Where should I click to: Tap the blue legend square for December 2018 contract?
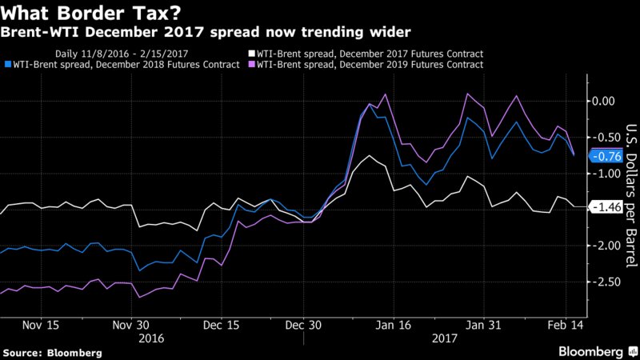(8, 64)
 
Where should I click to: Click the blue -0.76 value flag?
(602, 156)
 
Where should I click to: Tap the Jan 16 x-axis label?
(394, 326)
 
